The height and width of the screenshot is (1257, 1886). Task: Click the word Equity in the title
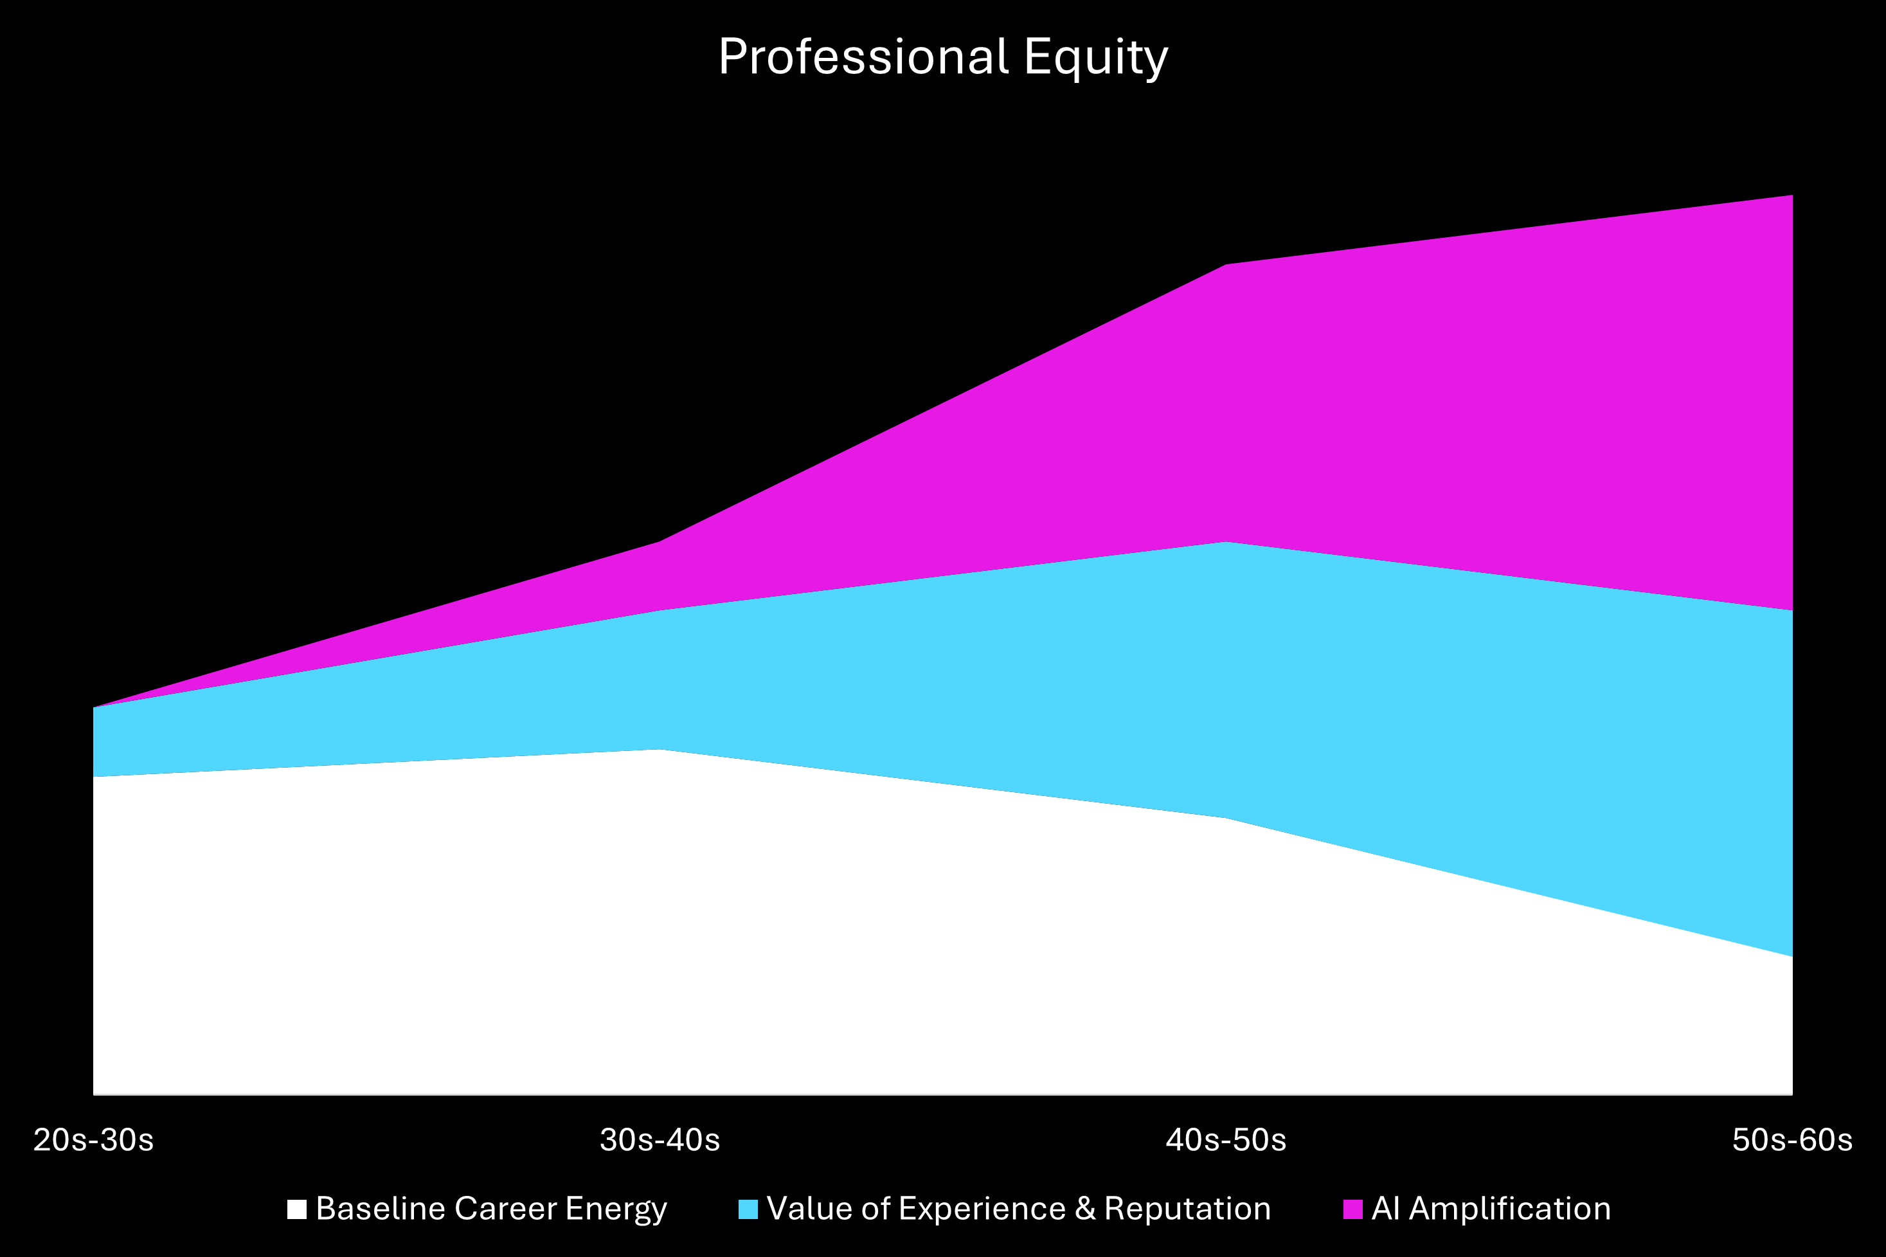pyautogui.click(x=1096, y=57)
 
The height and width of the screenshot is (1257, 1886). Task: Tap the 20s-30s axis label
pyautogui.click(x=93, y=1139)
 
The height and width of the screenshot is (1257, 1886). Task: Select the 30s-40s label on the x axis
pyautogui.click(x=660, y=1139)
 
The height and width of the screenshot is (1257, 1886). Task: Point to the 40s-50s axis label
pyautogui.click(x=1226, y=1139)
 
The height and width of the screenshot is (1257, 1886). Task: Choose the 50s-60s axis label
pyautogui.click(x=1792, y=1139)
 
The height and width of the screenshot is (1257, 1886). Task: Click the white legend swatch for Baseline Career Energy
pyautogui.click(x=296, y=1209)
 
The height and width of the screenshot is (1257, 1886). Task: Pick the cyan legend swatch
pyautogui.click(x=747, y=1209)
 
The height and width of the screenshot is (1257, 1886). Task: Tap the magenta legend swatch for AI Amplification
pyautogui.click(x=1352, y=1209)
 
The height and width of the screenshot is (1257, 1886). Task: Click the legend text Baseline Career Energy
pyautogui.click(x=490, y=1209)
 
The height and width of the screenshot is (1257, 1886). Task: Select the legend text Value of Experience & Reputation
pyautogui.click(x=1018, y=1209)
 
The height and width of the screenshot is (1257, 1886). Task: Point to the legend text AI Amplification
pyautogui.click(x=1491, y=1209)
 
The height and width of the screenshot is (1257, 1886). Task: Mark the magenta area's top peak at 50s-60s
pyautogui.click(x=1792, y=195)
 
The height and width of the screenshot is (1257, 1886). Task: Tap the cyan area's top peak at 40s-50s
pyautogui.click(x=1226, y=543)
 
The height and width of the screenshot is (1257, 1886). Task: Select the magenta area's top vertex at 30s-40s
pyautogui.click(x=660, y=542)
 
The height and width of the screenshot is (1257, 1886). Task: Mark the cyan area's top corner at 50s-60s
pyautogui.click(x=1792, y=611)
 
